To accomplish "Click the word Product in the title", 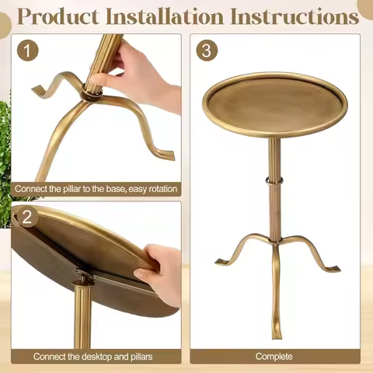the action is point(58,16).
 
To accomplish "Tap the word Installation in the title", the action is point(165,16).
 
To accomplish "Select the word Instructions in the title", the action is point(295,16).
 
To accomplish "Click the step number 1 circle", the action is point(27,51).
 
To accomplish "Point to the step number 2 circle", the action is point(27,217).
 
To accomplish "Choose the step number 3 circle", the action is point(207,51).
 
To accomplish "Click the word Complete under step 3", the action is point(274,357).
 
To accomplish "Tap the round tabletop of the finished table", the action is point(275,105).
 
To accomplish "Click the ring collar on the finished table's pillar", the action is point(274,180).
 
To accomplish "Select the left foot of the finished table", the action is point(221,262).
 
